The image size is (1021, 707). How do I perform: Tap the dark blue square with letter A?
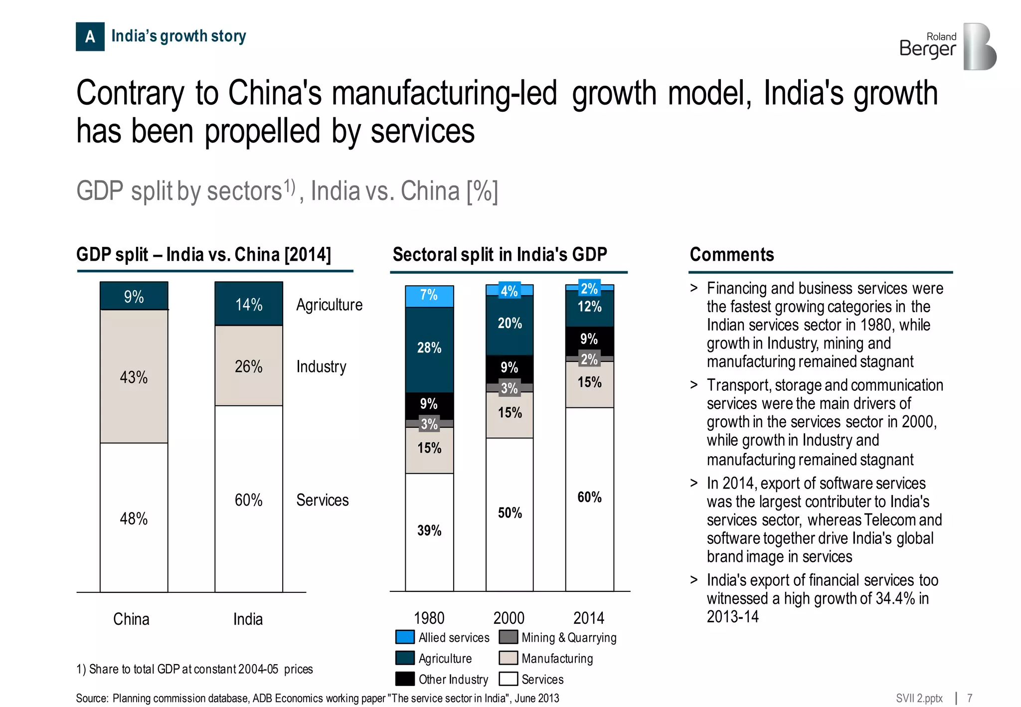pos(90,36)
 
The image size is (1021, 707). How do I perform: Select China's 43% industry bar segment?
pos(134,376)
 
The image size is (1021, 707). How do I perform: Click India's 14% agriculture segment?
pos(248,304)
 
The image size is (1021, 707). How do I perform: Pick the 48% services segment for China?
pos(134,518)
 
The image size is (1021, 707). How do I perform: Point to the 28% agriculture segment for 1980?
pos(429,349)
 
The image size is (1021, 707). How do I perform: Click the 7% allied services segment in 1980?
pos(429,296)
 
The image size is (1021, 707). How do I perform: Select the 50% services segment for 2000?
pos(510,514)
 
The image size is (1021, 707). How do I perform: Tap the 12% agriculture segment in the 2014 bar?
pos(589,308)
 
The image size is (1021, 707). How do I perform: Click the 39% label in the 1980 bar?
pos(429,530)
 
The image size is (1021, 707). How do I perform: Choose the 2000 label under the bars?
pos(509,618)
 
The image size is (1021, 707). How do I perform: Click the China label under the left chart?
pos(131,619)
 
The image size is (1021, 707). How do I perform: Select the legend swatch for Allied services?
pos(405,637)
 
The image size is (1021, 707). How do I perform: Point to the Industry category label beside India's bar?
pos(321,366)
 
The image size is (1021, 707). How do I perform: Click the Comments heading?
pos(731,255)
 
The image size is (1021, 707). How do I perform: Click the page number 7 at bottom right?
pos(970,698)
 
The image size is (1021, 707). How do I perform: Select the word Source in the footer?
pos(91,698)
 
